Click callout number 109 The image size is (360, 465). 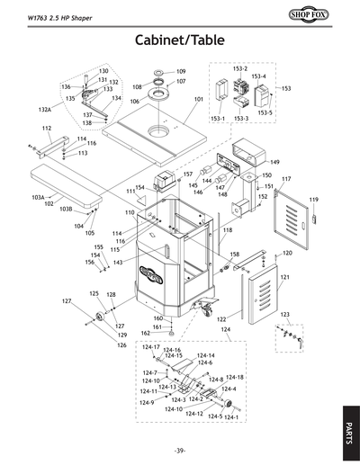pos(181,71)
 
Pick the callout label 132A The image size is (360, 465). pos(45,109)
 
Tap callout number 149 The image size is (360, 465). pos(275,162)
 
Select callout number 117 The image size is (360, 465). pos(286,181)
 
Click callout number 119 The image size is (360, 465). pos(315,199)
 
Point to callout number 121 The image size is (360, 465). pos(284,277)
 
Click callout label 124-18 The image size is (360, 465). pos(234,378)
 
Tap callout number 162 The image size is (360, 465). pos(145,334)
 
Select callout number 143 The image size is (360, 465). pos(118,263)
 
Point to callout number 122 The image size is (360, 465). pos(220,319)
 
